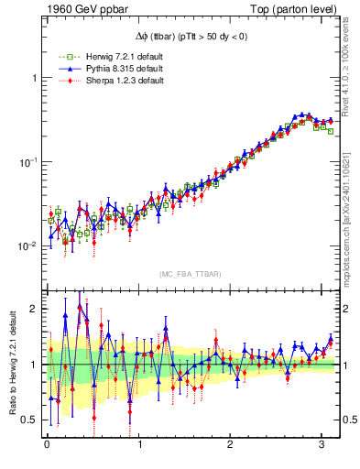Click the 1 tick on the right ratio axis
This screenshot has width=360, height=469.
tap(347, 365)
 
